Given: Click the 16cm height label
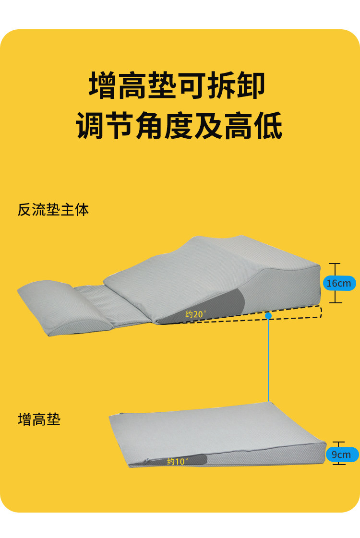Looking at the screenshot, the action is click(338, 283).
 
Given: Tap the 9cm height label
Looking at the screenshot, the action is click(341, 454).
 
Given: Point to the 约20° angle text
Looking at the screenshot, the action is click(196, 314).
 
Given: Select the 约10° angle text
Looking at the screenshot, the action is click(177, 461).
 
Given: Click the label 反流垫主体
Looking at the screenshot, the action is click(53, 210).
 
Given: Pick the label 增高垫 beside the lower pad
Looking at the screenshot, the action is click(39, 420).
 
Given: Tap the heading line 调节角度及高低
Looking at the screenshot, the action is click(179, 125).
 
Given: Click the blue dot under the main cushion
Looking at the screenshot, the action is click(268, 316).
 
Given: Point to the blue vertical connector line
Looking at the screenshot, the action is click(268, 360).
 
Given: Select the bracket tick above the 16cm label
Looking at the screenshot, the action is click(336, 263).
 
